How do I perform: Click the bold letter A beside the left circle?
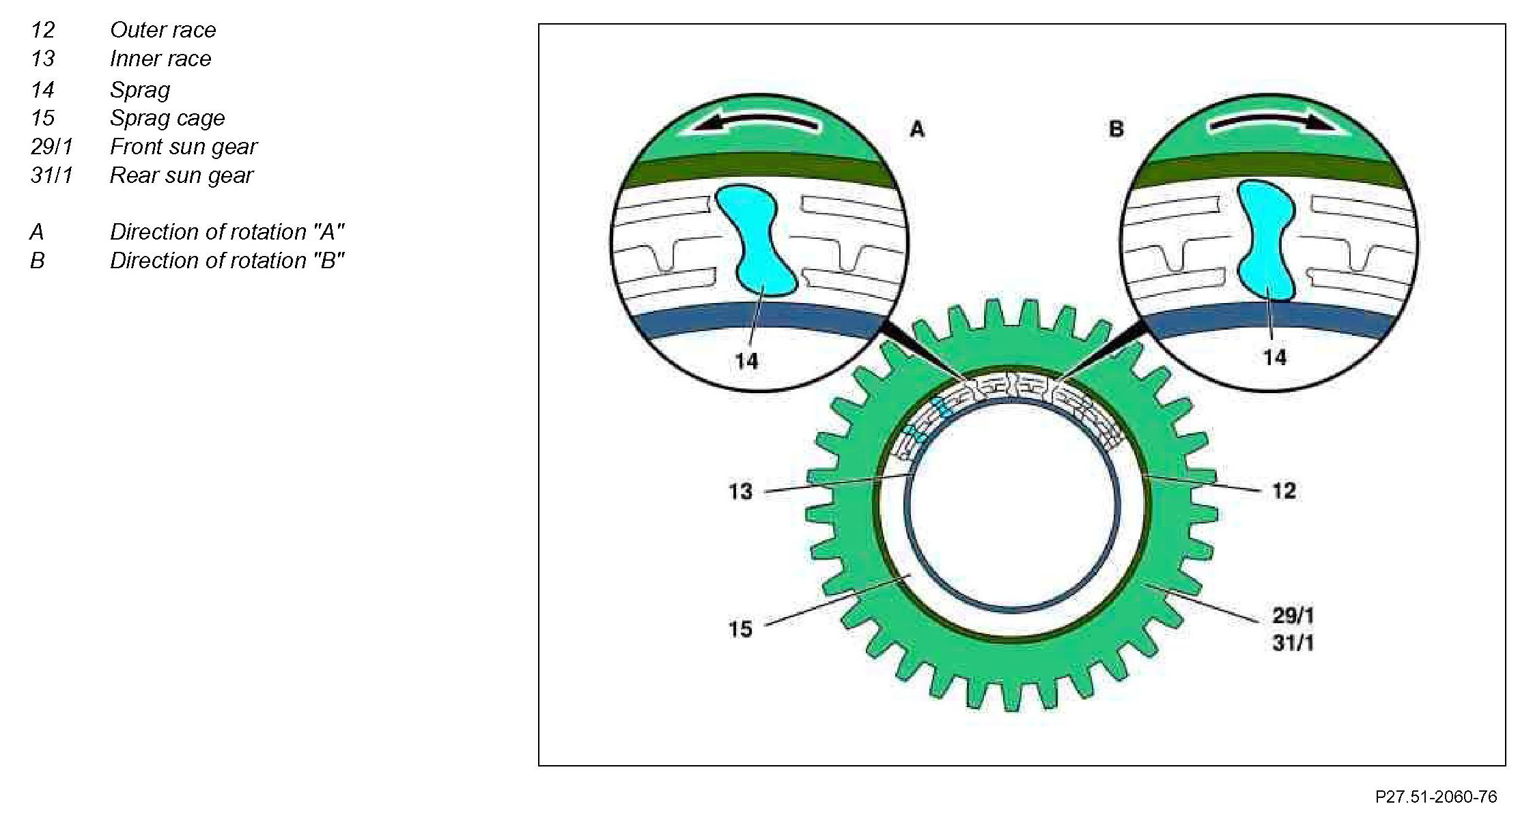[916, 129]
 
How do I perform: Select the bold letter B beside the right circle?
[1116, 128]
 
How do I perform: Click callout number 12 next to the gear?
[1284, 491]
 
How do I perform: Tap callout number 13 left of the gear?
[740, 491]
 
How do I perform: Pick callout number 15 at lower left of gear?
[740, 629]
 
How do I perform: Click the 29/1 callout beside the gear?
[1293, 616]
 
